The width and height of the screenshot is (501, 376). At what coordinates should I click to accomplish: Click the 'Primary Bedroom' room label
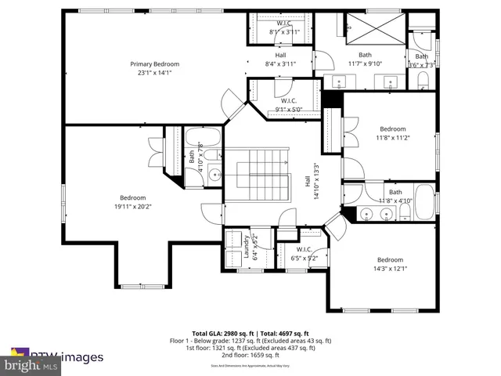[x=154, y=63]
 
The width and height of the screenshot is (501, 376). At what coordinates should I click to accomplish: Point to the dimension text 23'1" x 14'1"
[x=154, y=72]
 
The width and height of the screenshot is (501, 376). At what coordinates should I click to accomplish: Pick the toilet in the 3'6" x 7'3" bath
[x=424, y=80]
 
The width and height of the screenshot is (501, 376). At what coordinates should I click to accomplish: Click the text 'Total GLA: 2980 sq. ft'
[x=223, y=332]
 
